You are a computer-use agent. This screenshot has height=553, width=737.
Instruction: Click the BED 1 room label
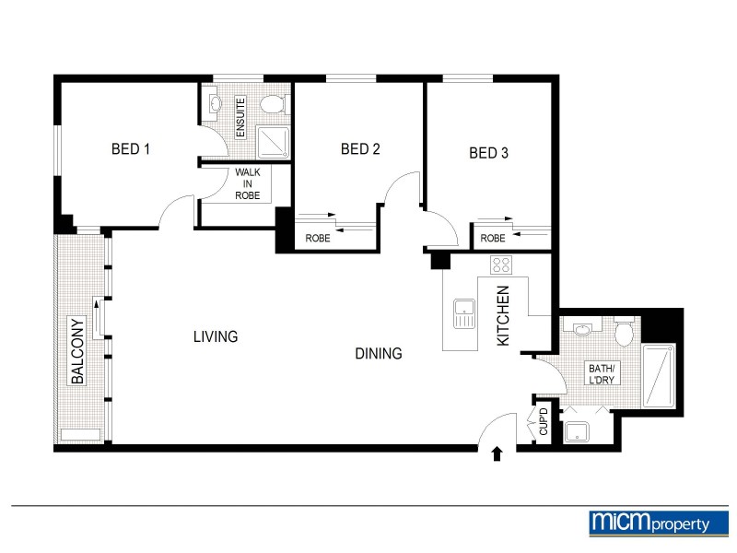130,149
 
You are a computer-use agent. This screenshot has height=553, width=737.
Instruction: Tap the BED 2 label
360,149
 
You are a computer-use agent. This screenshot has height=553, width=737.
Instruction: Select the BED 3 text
488,153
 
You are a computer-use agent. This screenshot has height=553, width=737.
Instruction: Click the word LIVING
216,336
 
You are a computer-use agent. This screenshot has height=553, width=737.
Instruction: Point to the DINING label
379,353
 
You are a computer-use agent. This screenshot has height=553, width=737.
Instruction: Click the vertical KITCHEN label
503,316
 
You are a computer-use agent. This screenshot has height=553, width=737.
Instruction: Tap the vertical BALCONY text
78,350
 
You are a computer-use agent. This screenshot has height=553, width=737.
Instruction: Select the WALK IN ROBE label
247,183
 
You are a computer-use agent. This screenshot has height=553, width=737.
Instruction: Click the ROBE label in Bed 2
318,239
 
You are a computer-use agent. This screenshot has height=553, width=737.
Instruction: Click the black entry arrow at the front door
497,453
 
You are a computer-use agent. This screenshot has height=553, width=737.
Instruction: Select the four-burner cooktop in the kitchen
502,266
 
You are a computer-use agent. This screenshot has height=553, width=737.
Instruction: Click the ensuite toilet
273,103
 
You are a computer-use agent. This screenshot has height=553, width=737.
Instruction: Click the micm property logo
650,523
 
